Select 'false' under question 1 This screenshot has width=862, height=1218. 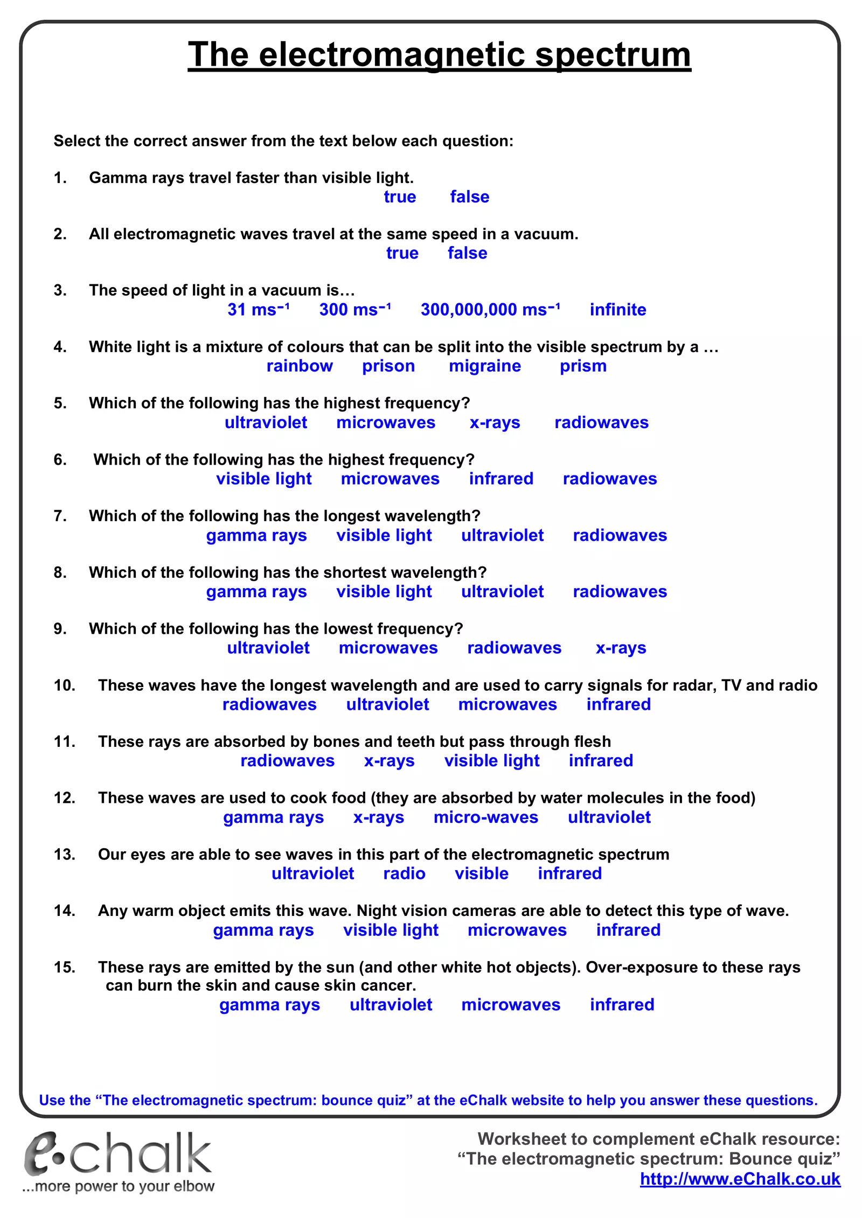point(469,197)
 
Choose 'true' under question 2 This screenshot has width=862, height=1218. point(402,253)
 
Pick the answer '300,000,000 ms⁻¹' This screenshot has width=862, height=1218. point(490,310)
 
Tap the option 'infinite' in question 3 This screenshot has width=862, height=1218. point(617,310)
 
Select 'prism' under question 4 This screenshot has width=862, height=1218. point(583,366)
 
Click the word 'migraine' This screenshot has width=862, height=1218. point(485,366)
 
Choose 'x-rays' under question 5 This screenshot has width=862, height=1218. point(495,423)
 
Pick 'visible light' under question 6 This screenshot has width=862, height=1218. point(264,479)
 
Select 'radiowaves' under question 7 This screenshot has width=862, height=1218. point(620,535)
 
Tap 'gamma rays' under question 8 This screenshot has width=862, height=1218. point(256,592)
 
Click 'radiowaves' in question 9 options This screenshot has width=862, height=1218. point(514,648)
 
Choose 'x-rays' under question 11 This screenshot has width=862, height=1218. point(389,761)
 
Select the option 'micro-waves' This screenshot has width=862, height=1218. point(485,817)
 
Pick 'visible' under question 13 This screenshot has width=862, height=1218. point(481,873)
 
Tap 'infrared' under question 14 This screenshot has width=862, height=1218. point(628,930)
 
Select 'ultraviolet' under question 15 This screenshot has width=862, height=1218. point(391,1005)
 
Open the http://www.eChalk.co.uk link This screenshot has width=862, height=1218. point(740,1179)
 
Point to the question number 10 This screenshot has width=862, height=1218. point(64,685)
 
